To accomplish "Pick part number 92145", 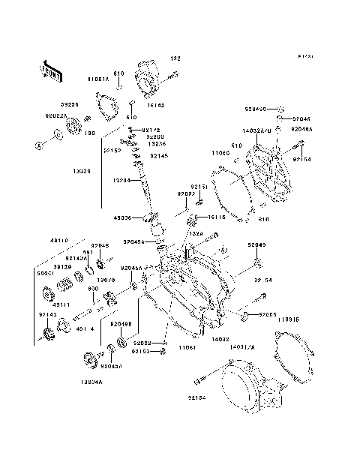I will coord(158,156).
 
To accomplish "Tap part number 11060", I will coord(220,153).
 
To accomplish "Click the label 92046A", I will coord(301,129).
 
